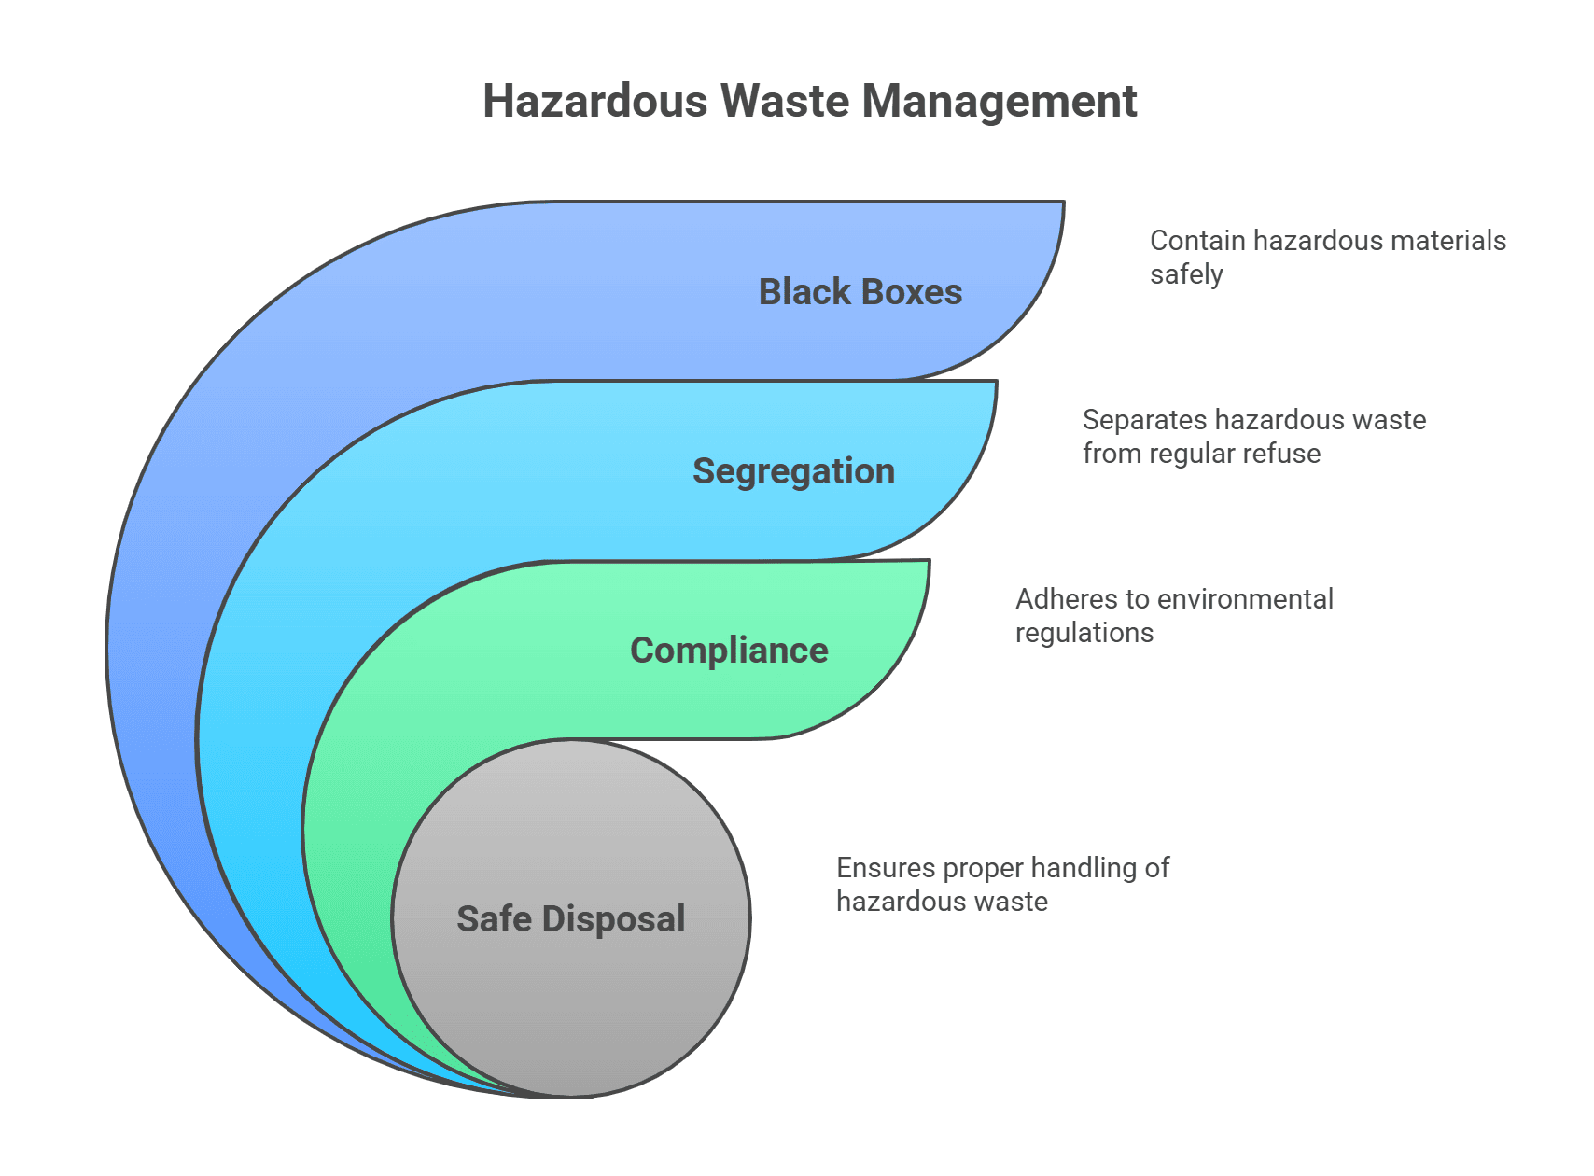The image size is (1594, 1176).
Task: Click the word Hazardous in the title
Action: click(595, 101)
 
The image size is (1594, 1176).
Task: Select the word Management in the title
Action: click(998, 103)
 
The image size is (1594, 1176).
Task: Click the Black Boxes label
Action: click(860, 292)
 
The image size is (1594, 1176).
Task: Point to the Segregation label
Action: click(793, 471)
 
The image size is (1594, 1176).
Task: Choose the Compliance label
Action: click(729, 651)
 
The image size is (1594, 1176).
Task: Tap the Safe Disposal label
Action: click(570, 919)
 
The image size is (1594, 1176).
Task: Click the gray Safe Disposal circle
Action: click(571, 1008)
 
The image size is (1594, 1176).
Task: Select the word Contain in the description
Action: click(1197, 241)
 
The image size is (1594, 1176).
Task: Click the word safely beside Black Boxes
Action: click(1186, 275)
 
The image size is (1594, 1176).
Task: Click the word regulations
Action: click(1084, 634)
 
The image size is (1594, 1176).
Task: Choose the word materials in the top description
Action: click(1447, 241)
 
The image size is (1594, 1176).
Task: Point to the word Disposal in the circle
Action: click(613, 919)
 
